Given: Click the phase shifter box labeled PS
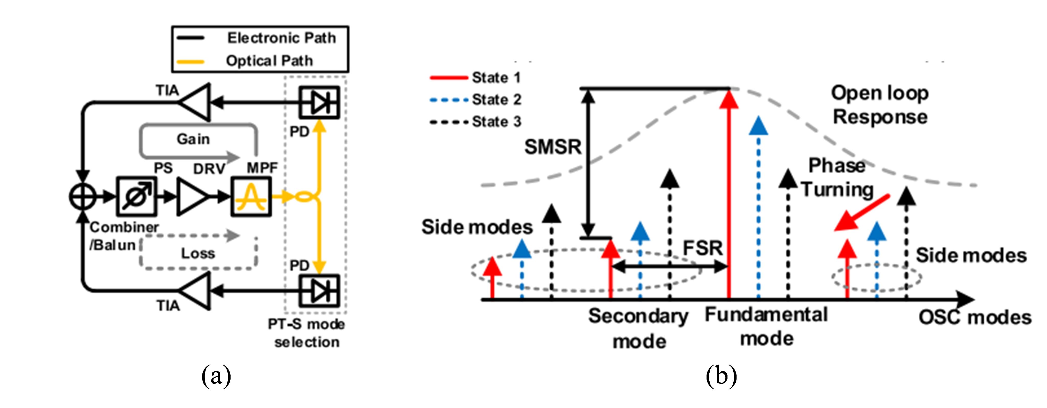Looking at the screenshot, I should click(136, 197).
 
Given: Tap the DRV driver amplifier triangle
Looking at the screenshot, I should click(191, 197).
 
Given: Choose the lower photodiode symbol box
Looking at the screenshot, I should click(320, 291).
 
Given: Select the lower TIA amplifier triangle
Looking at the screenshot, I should click(196, 291).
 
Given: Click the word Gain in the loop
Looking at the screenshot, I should click(193, 139).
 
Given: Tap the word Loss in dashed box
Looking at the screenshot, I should click(198, 254).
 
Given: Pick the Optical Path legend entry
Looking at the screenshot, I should click(269, 61).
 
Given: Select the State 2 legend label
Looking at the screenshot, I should click(496, 99).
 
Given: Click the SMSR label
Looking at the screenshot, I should click(553, 147).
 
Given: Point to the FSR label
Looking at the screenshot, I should click(703, 248).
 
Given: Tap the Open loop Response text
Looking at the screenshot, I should click(880, 105).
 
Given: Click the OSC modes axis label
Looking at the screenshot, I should click(975, 318).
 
